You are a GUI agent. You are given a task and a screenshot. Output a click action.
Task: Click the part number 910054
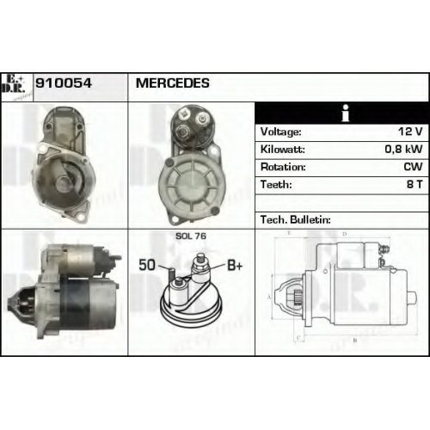tap(64, 83)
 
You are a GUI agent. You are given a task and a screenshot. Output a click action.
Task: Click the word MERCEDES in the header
tap(173, 83)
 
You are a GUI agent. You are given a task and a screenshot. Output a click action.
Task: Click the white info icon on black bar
tap(346, 113)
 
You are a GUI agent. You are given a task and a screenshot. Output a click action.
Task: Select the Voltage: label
tap(281, 132)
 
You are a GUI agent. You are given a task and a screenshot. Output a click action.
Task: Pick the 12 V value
tap(410, 132)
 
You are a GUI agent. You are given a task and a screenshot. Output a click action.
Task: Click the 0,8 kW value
tap(403, 149)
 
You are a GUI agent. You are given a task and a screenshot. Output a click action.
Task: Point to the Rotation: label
tap(283, 167)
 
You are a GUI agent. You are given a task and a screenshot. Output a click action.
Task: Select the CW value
tap(413, 167)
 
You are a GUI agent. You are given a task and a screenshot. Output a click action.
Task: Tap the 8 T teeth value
tap(415, 184)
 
